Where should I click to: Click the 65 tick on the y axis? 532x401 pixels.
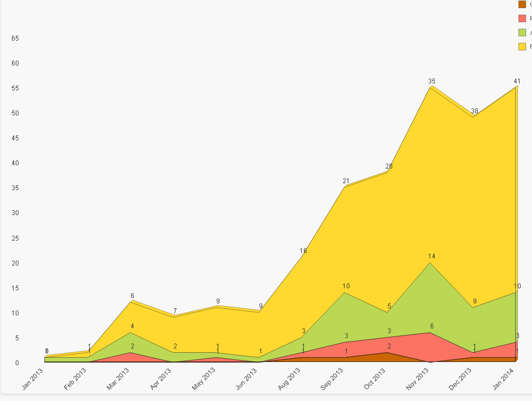pos(15,38)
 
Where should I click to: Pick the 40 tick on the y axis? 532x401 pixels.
pos(15,163)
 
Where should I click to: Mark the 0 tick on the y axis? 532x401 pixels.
pos(17,363)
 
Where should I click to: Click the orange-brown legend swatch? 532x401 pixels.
pos(522,4)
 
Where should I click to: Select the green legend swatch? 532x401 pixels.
pos(522,33)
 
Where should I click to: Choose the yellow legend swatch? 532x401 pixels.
pos(522,47)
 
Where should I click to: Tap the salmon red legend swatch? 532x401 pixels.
pos(522,18)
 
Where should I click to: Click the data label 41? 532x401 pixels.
pos(517,82)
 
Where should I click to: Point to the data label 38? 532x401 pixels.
pos(475,111)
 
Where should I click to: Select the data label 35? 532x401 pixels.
pos(431,81)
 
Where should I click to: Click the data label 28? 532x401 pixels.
pos(389,166)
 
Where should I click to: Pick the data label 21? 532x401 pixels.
pos(346,181)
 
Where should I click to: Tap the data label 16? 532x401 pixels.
pos(303,251)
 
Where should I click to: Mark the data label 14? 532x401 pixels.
pos(431,256)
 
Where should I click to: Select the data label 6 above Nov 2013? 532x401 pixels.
pos(432,326)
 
